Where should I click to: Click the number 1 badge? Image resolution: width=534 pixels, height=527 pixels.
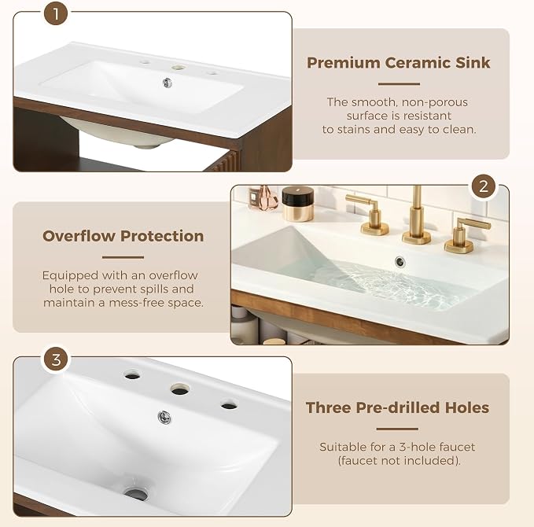(x=56, y=14)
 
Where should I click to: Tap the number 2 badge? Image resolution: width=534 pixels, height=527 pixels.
(x=484, y=186)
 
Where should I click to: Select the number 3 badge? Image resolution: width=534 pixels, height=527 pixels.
(x=56, y=359)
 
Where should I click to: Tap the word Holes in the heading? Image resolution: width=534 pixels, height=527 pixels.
(x=467, y=407)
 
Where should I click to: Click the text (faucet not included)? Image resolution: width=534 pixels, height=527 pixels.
(x=399, y=461)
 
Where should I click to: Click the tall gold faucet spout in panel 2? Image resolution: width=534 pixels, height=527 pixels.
(x=417, y=216)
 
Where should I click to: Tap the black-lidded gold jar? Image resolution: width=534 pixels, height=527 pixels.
(x=297, y=204)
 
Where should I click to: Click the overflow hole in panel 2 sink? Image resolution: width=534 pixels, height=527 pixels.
(x=400, y=262)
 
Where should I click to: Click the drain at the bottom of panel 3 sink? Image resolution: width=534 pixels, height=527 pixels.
(x=136, y=494)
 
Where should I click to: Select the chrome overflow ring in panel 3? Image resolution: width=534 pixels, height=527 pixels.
(x=164, y=417)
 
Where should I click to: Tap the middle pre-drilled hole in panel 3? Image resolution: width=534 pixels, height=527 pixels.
(x=180, y=389)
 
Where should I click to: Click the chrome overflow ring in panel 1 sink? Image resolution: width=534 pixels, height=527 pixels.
(x=168, y=83)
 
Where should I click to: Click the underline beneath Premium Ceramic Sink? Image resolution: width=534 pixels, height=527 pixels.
(x=399, y=84)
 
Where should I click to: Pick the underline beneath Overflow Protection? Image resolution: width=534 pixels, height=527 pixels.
(x=123, y=257)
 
